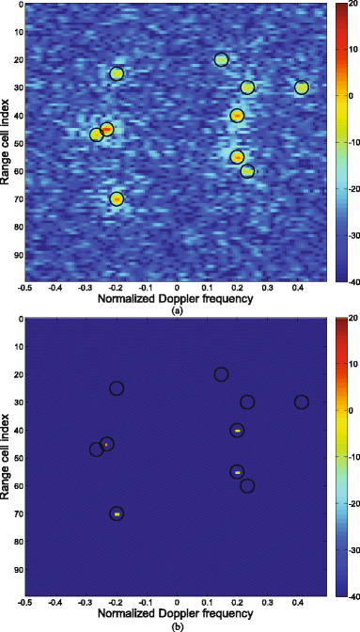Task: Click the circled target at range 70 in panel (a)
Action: point(117,198)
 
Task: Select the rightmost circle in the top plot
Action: point(302,87)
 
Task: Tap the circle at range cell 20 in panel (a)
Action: point(221,59)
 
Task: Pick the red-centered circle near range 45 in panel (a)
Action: point(107,129)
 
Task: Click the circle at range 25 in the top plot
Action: point(117,73)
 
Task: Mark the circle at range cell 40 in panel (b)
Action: point(237,430)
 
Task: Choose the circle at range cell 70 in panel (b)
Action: point(117,513)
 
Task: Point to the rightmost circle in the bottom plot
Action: point(302,403)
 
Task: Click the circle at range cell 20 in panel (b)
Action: point(221,374)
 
